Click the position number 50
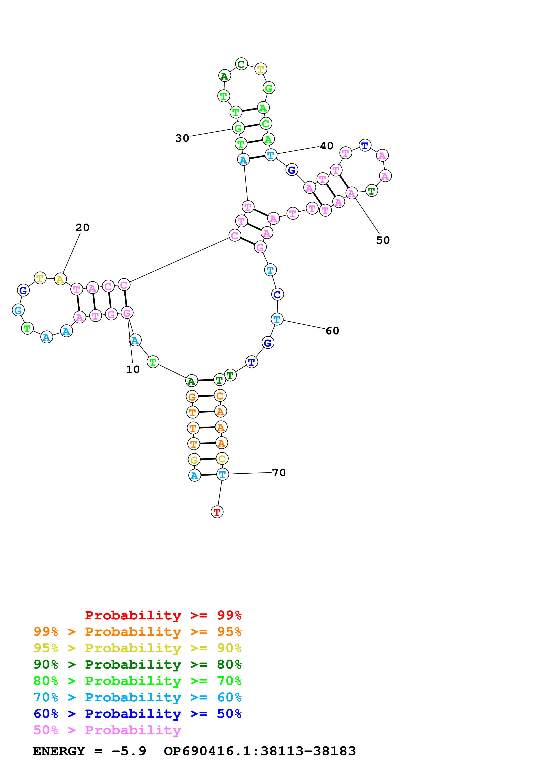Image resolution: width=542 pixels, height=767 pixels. tap(383, 240)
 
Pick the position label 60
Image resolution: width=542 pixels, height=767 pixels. tap(332, 331)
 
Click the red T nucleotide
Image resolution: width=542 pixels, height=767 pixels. tap(217, 512)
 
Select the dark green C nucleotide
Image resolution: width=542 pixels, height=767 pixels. tap(241, 64)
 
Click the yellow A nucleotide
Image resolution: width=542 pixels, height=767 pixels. tap(60, 279)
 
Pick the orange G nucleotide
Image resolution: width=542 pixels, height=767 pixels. tap(192, 397)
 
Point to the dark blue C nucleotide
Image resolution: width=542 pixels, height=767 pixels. tap(277, 294)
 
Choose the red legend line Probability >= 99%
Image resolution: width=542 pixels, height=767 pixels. tap(163, 615)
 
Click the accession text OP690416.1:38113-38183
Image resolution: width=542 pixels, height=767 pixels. tap(260, 751)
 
